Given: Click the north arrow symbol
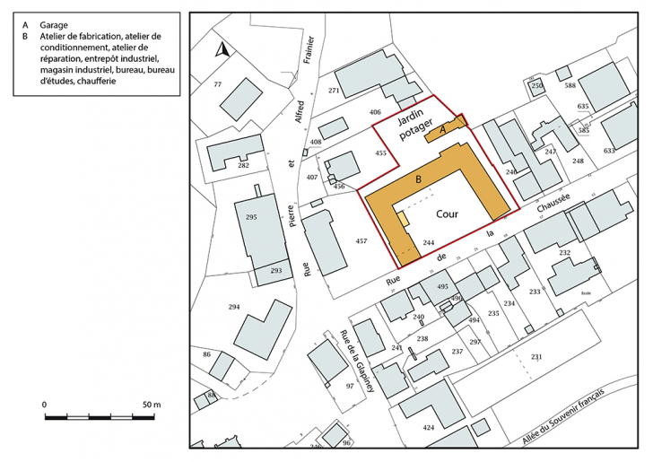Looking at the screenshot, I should pos(223,53).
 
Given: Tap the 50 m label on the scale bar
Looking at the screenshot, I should pos(150,405).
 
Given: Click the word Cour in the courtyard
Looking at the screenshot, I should pos(447,215).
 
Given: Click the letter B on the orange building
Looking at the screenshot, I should pos(418,179).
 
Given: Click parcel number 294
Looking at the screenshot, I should pos(234,308).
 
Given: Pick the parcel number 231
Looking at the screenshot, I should pos(536,357).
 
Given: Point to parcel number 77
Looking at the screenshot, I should pos(217,84).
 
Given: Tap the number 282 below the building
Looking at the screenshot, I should pos(243,166).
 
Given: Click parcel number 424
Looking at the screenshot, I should pos(429,428).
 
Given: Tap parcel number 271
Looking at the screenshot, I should pos(333,92).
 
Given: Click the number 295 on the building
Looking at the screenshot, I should pos(251,218).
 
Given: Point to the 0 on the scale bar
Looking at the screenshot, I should pos(45,405).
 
